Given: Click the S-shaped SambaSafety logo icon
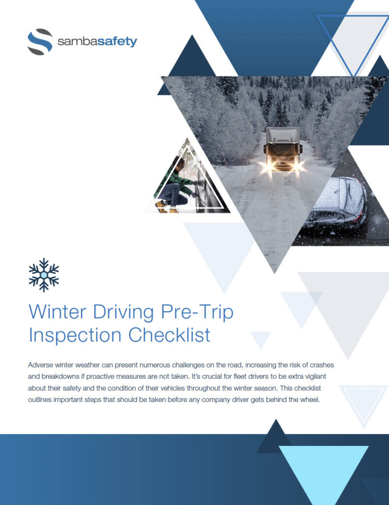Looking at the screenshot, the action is (40, 42).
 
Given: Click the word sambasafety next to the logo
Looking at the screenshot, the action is (97, 41).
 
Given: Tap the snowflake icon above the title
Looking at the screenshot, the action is (44, 275).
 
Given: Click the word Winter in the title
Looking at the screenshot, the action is (58, 312).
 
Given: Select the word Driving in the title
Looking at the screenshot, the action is (124, 312).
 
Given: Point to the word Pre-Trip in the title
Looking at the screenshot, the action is (197, 312).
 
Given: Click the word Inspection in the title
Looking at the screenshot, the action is (75, 335).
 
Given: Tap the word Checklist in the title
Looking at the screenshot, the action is (170, 335).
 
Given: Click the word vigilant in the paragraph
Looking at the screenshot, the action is (315, 377).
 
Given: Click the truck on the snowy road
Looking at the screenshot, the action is (283, 149).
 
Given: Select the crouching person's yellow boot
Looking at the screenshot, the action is (161, 206).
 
